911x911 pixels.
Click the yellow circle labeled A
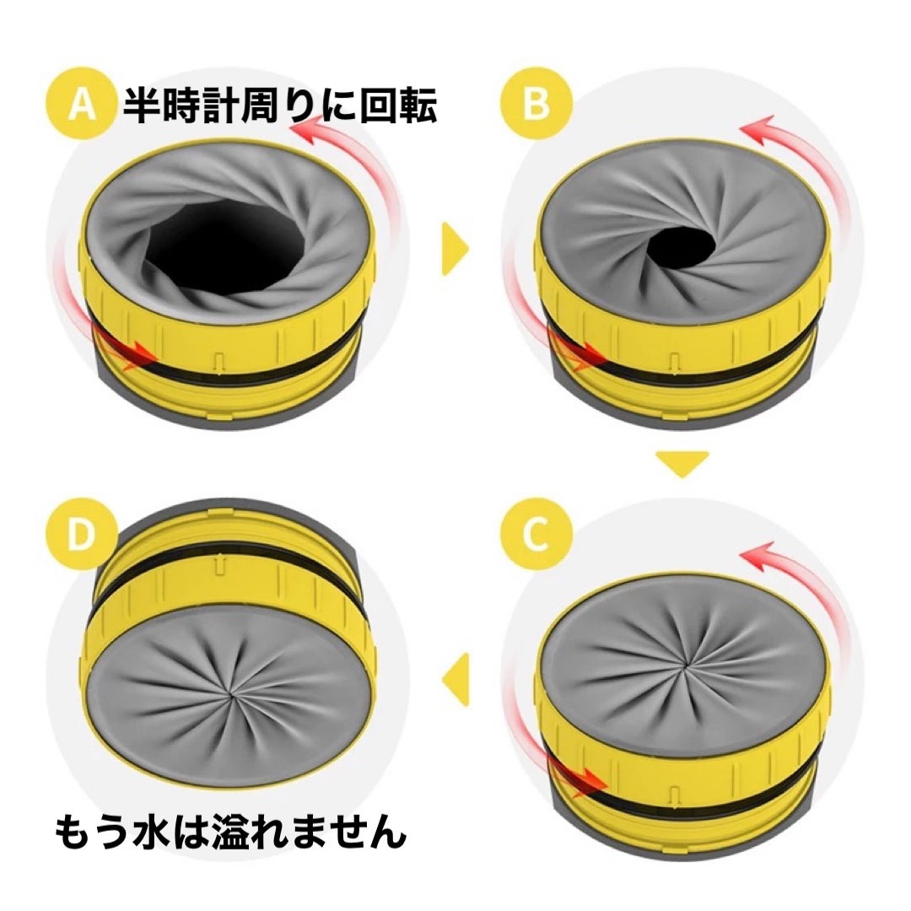(81, 104)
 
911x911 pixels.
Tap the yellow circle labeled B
(536, 104)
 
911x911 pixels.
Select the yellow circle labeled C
(536, 534)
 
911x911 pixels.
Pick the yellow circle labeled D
(81, 534)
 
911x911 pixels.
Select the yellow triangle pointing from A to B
(455, 249)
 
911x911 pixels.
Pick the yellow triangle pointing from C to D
(455, 679)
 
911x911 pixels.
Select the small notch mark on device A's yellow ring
(218, 360)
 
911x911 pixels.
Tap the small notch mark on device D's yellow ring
(219, 566)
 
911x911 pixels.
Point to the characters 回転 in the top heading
(398, 105)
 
